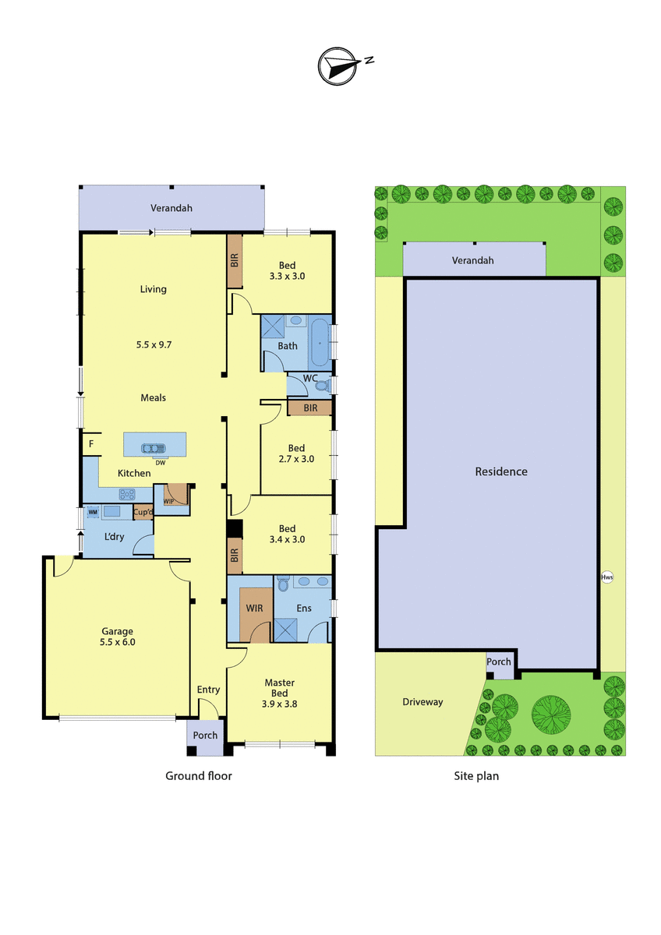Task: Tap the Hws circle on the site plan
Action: coord(606,577)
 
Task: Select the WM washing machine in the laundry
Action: coord(93,512)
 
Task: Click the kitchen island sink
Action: coord(154,449)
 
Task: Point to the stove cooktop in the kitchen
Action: coord(127,494)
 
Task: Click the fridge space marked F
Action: coord(91,443)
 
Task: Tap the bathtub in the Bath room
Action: coord(320,343)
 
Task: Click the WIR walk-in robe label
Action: coord(254,609)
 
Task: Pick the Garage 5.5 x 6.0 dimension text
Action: coord(118,642)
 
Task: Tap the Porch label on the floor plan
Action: coord(205,736)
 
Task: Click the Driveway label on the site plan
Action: coord(422,702)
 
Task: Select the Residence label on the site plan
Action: coord(501,471)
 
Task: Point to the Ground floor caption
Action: coord(198,776)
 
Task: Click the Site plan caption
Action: coord(476,776)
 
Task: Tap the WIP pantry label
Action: coord(168,501)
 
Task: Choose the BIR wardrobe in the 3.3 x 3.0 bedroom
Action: coord(235,261)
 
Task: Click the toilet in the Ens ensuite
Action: coord(283,584)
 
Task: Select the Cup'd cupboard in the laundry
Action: coord(143,512)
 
